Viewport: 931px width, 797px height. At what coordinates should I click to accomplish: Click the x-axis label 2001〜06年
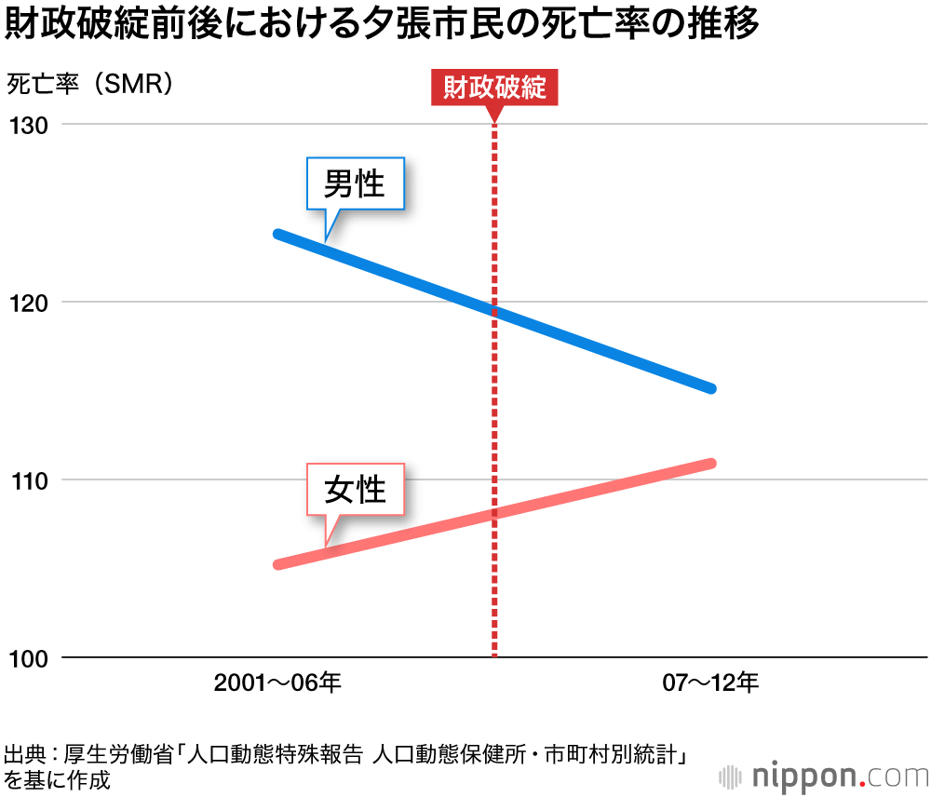click(x=277, y=684)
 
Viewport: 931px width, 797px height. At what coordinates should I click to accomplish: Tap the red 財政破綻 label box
click(x=494, y=88)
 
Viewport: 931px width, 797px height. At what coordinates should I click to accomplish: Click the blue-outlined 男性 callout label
click(x=355, y=182)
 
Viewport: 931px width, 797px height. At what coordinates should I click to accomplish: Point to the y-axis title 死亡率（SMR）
click(x=91, y=84)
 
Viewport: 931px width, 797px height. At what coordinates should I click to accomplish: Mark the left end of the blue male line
click(x=277, y=233)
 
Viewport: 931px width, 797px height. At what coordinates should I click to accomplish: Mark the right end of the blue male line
click(x=711, y=388)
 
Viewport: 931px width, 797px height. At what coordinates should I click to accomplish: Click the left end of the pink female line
click(x=277, y=564)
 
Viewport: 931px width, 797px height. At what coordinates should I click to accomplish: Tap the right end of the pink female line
click(x=711, y=463)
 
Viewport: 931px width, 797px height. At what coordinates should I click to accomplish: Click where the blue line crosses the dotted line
click(x=494, y=311)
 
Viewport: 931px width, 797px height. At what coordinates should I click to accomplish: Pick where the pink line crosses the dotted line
click(x=494, y=513)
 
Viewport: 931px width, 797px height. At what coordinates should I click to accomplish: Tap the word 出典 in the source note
click(x=24, y=755)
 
